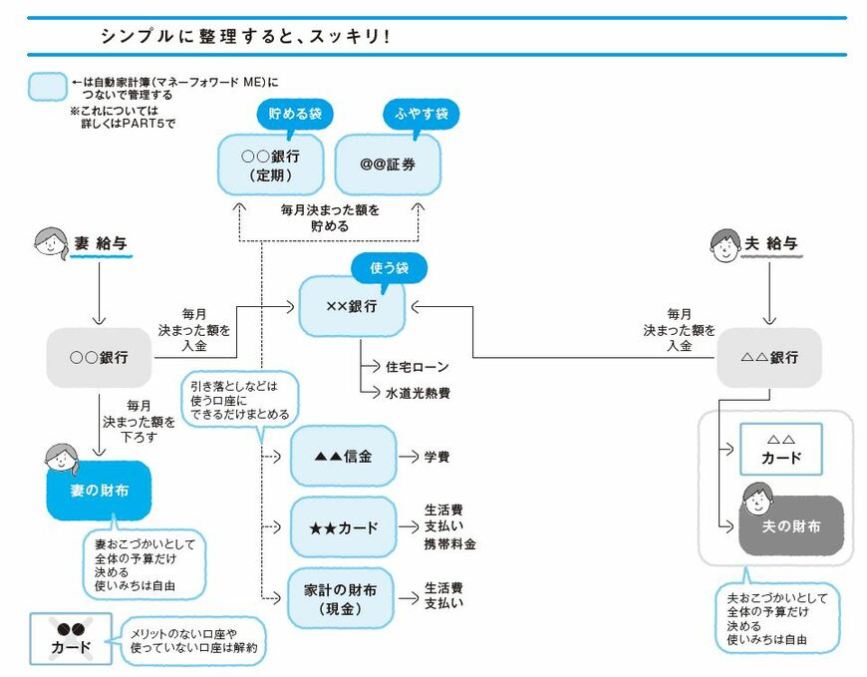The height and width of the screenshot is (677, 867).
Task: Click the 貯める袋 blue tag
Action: coord(295,114)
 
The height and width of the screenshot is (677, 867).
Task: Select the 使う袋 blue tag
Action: coord(389,267)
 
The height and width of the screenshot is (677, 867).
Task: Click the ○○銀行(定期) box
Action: coord(270,166)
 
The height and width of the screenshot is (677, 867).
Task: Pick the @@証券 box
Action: coord(388,166)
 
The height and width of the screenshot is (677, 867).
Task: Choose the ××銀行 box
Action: coord(352,306)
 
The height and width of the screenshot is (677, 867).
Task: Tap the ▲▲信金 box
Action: coord(343,456)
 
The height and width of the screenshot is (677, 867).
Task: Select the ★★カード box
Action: coord(343,525)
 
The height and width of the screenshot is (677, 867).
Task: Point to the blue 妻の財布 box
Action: coord(99,491)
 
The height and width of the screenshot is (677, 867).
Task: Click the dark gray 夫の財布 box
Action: coord(791,525)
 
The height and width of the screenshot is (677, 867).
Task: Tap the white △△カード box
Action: coord(780,449)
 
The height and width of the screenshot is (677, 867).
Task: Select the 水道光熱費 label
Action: coord(418,393)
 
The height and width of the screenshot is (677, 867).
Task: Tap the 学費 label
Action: coord(436,457)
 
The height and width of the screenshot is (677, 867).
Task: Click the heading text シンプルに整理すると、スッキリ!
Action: coord(243,35)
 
